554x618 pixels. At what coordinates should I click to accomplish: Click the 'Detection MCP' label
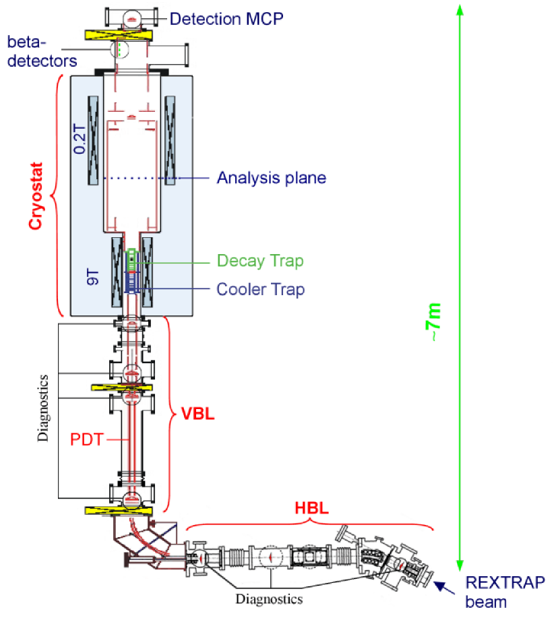(226, 18)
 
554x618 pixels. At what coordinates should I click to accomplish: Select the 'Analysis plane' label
(271, 178)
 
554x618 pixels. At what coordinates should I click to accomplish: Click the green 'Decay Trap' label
(259, 261)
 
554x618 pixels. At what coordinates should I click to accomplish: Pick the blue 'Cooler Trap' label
(260, 289)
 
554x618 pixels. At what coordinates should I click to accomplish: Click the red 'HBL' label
(311, 509)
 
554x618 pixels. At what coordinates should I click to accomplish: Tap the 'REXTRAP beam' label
(504, 591)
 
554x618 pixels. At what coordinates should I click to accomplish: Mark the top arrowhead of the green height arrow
(460, 9)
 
